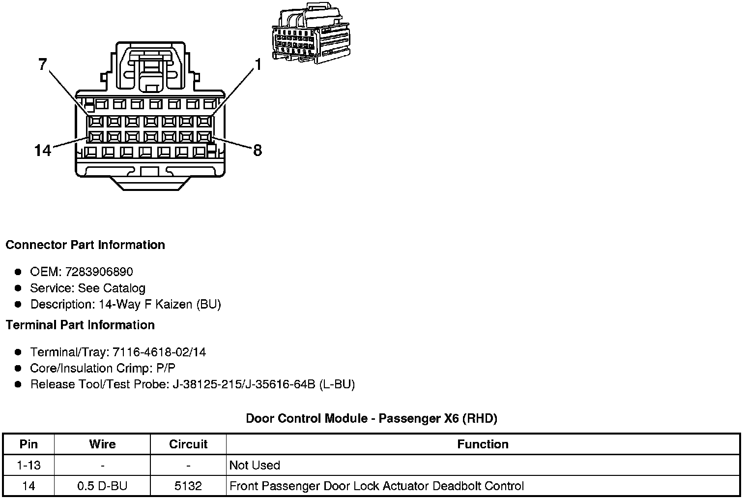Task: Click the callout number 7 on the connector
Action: point(43,64)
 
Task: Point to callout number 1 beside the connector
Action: point(258,65)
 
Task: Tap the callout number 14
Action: point(43,150)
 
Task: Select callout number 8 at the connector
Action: point(258,150)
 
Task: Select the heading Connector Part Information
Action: point(85,245)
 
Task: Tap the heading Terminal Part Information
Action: point(80,325)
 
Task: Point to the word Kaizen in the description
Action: point(173,305)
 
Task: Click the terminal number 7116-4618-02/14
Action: point(159,352)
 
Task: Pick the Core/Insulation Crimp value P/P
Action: point(165,369)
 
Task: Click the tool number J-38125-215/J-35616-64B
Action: point(244,384)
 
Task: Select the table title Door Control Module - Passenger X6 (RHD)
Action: point(372,419)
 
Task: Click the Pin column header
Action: point(29,444)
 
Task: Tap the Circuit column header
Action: point(188,444)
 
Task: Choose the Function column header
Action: point(483,444)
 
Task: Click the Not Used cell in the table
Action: point(255,466)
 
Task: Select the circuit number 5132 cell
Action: point(188,486)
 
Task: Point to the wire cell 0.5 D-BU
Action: point(102,486)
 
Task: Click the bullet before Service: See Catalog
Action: point(18,288)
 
